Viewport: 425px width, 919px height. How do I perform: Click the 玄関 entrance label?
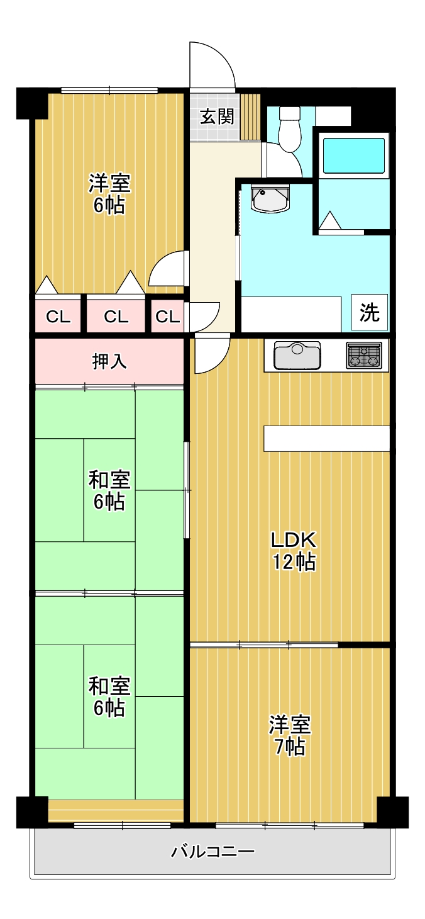click(x=217, y=117)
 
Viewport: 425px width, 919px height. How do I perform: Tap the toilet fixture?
click(x=289, y=130)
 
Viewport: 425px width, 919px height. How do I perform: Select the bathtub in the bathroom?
click(x=353, y=155)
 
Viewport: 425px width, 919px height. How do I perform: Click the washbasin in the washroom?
click(x=270, y=199)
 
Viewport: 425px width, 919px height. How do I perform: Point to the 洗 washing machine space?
click(x=370, y=313)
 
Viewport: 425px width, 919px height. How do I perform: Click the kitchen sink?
click(x=297, y=356)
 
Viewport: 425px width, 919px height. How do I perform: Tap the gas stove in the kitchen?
click(x=364, y=356)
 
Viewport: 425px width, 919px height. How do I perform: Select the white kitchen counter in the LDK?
click(x=326, y=439)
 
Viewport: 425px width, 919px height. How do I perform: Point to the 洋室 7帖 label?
click(x=289, y=735)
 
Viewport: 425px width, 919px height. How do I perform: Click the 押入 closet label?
click(x=109, y=361)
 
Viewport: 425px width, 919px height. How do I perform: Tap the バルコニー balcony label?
click(x=213, y=852)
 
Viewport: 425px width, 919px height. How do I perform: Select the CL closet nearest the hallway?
click(x=167, y=317)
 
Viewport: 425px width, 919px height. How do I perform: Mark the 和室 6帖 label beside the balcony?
click(x=109, y=697)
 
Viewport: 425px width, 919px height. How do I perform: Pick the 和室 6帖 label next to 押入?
click(x=109, y=491)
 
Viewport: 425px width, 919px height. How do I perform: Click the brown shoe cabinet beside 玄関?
click(x=250, y=117)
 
